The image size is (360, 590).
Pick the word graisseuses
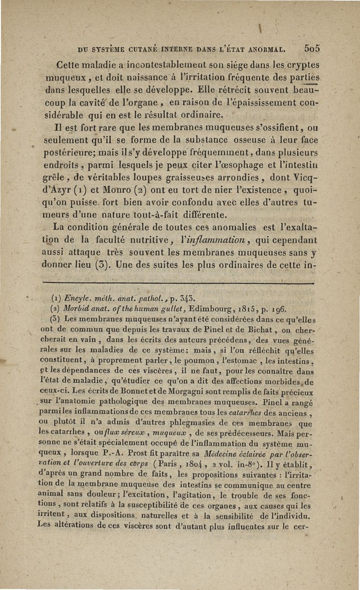coord(190,184)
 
